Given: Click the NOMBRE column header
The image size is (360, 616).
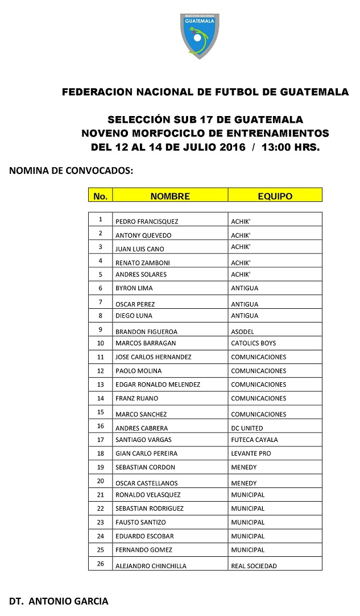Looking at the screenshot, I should (x=170, y=196).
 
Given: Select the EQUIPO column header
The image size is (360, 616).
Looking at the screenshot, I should (x=275, y=196).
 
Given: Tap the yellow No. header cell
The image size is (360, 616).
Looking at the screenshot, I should (x=100, y=197).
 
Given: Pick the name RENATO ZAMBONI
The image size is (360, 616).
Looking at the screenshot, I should (x=143, y=263).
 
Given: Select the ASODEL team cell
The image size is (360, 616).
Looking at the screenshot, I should (x=243, y=332).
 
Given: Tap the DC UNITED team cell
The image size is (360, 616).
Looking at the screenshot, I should (x=247, y=428).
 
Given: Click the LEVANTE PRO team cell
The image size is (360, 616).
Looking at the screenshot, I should (x=251, y=453).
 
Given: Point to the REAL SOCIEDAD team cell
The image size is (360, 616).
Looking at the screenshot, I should (x=254, y=566).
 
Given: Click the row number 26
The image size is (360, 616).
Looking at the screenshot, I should (x=101, y=564).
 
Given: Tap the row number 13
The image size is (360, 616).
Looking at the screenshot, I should (x=101, y=385).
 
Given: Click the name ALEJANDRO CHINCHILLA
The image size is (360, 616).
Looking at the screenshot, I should (x=151, y=566).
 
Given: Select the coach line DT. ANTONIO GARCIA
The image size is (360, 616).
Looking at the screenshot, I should (x=59, y=601).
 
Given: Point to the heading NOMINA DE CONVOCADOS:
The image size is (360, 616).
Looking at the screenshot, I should (x=71, y=170).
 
